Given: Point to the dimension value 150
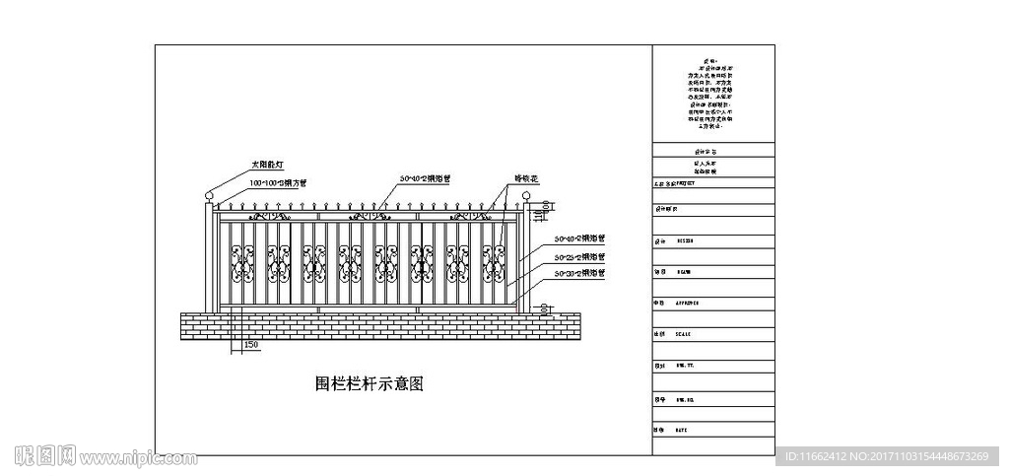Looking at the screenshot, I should tap(250, 345).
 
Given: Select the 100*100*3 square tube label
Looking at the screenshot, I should tap(277, 183).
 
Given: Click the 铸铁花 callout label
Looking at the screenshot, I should tap(527, 179).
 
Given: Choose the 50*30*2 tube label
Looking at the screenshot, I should tap(579, 272).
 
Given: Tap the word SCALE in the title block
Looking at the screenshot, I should tap(684, 334).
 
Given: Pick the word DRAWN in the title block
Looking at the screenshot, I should tap(684, 271).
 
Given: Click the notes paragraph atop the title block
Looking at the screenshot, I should tap(711, 93).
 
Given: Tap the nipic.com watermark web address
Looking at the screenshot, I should tap(138, 458).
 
